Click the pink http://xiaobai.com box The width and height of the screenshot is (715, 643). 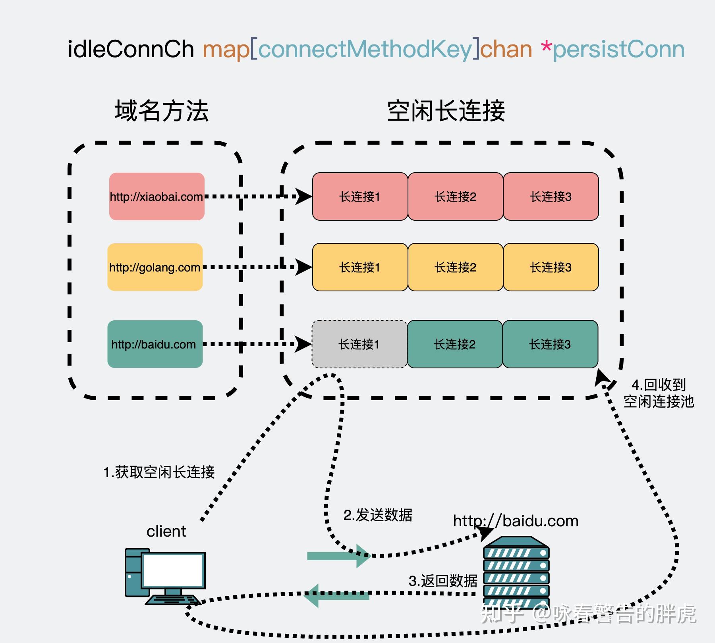coord(157,196)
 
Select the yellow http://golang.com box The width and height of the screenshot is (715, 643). coord(155,267)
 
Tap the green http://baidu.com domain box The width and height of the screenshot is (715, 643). coord(155,344)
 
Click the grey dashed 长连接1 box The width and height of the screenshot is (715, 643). coord(359,344)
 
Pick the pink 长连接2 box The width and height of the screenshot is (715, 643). coord(455,196)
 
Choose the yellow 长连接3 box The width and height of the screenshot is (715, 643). coord(551,267)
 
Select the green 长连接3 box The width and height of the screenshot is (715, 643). coord(550,344)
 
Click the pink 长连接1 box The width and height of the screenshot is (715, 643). coord(360,196)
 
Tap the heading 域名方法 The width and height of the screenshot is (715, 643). coord(162,111)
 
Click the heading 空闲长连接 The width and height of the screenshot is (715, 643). coord(446,111)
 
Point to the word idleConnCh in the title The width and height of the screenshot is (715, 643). coord(131,50)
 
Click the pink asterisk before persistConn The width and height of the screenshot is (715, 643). coord(546,48)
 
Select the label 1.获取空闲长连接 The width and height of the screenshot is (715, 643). coord(159,472)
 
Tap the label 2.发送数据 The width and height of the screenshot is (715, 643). coord(378,515)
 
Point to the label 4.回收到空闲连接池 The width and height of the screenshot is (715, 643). coord(659,393)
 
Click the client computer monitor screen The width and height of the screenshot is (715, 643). coord(172,570)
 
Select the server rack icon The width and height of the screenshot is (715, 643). coord(516,572)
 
